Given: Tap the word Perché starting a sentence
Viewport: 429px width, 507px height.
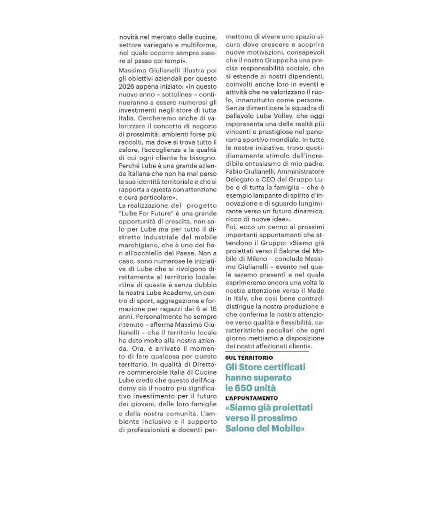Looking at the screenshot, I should (130, 166).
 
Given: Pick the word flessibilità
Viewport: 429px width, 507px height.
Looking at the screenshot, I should (292, 324).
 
